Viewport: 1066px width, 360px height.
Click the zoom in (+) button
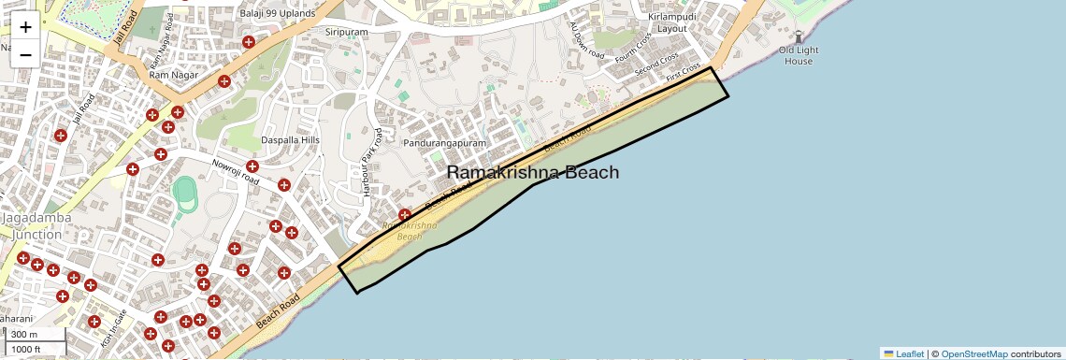tap(25, 26)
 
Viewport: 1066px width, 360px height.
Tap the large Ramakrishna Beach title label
tap(532, 172)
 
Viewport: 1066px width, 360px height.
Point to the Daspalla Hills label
tap(290, 140)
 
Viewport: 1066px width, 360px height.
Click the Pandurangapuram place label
tap(445, 144)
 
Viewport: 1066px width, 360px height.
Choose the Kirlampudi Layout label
tap(660, 22)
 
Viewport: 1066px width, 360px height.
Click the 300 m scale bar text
tap(25, 335)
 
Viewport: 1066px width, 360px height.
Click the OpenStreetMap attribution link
tap(973, 353)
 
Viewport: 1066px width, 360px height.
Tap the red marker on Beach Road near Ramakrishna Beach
tap(405, 215)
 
